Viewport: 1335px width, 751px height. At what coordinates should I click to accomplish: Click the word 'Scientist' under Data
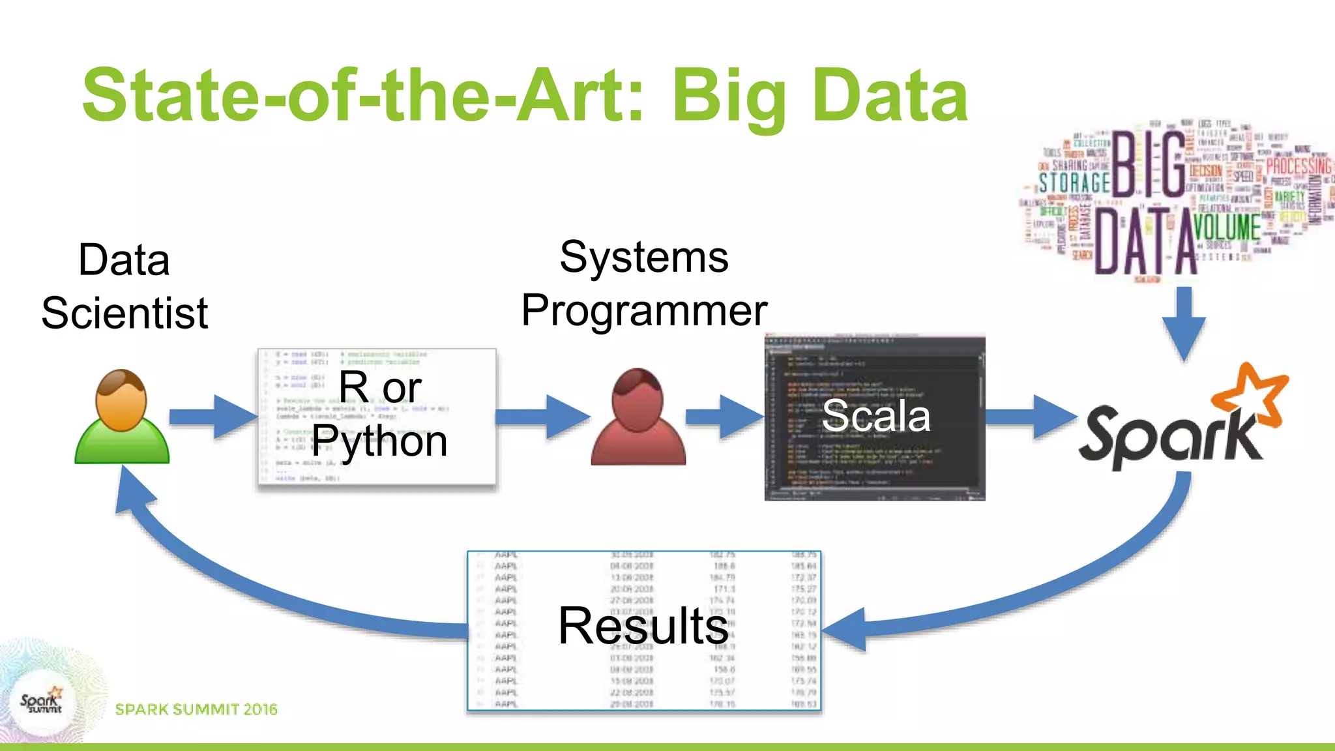pyautogui.click(x=125, y=313)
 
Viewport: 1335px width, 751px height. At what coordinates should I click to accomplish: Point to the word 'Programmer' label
pyautogui.click(x=644, y=310)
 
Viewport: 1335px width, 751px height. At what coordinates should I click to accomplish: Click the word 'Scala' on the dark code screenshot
pyautogui.click(x=875, y=415)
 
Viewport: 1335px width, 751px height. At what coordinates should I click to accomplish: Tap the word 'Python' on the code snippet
pyautogui.click(x=379, y=441)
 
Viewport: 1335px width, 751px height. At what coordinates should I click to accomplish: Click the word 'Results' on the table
pyautogui.click(x=643, y=626)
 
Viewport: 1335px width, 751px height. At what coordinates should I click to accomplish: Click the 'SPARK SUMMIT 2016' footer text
pyautogui.click(x=196, y=709)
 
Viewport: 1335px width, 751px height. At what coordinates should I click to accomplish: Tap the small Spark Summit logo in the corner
pyautogui.click(x=41, y=702)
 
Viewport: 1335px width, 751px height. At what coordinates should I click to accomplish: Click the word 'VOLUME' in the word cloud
pyautogui.click(x=1226, y=228)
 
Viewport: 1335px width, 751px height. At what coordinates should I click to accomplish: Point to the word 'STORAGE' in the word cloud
pyautogui.click(x=1074, y=183)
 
